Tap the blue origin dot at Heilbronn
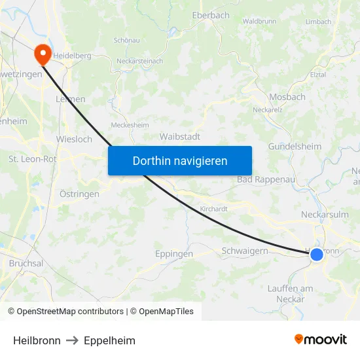pos(316,254)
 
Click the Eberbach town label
pos(211,15)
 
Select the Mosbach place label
pos(287,97)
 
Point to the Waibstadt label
pos(180,137)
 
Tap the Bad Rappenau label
pos(266,179)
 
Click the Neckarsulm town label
pos(325,214)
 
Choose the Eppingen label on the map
pos(174,254)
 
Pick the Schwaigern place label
pos(245,251)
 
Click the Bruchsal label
pos(26,263)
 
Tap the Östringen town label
pos(79,194)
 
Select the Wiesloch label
pos(74,139)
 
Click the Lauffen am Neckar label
pos(291,293)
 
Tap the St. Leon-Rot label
pos(31,159)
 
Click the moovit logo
pos(321,339)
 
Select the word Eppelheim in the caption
pos(109,340)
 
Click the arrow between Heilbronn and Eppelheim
pos(72,340)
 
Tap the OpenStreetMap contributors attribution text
pos(70,312)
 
